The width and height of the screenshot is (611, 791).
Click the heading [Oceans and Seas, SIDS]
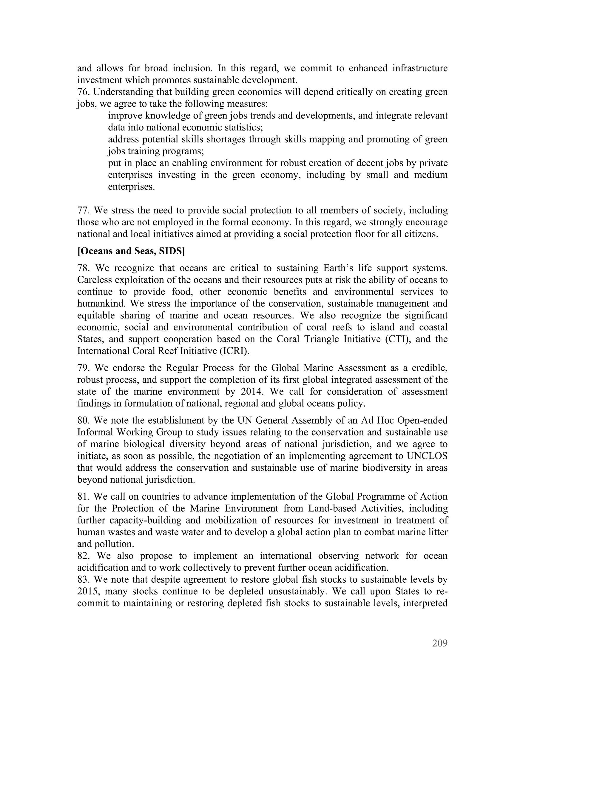(131, 251)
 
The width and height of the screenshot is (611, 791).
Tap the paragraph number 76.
(84, 92)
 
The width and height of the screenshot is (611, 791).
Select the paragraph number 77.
(84, 210)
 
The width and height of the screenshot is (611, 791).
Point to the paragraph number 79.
(84, 368)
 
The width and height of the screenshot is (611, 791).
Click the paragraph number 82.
(84, 556)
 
